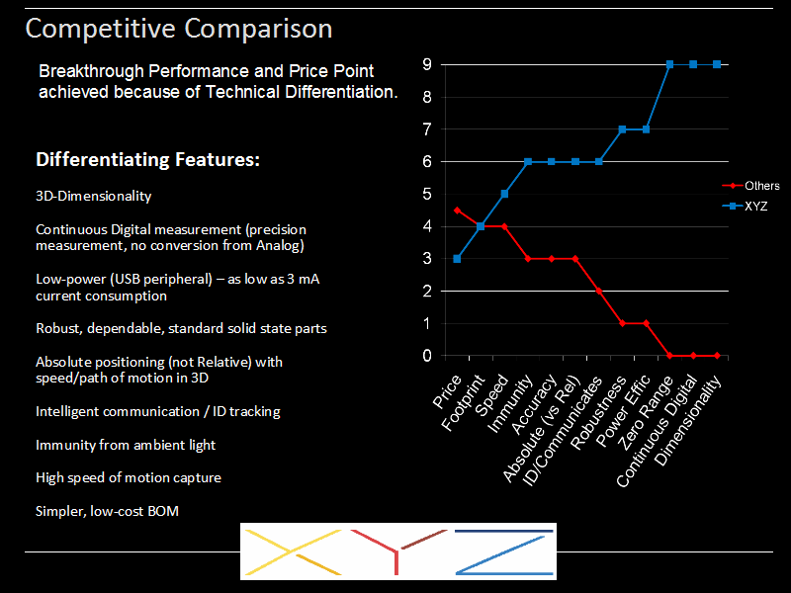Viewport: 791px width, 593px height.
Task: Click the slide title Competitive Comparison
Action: (178, 29)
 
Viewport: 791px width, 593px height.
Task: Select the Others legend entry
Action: (762, 186)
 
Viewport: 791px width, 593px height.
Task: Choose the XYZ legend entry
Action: (757, 208)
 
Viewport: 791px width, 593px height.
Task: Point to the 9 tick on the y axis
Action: (427, 64)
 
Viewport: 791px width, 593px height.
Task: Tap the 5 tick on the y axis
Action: (427, 194)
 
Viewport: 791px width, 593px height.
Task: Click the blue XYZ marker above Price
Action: (457, 258)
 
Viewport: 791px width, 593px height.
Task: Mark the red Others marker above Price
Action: (457, 210)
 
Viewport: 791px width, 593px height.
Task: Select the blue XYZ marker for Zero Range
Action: (669, 64)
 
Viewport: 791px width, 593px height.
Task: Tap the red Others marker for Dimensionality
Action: (717, 355)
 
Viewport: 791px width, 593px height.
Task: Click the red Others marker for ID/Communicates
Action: (598, 291)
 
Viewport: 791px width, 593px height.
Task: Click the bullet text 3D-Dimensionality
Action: (94, 197)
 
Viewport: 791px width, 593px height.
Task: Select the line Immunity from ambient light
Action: (126, 445)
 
